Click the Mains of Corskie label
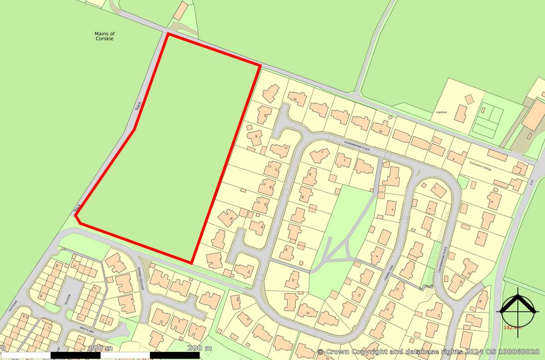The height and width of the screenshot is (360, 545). [x=104, y=36]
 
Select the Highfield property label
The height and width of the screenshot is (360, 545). [x=441, y=112]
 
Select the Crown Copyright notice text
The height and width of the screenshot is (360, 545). [x=429, y=352]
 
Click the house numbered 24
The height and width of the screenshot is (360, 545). [x=296, y=98]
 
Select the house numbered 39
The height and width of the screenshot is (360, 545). [x=228, y=218]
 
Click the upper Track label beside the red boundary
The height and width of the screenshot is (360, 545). [x=138, y=106]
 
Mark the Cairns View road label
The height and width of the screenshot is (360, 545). [x=386, y=275]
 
